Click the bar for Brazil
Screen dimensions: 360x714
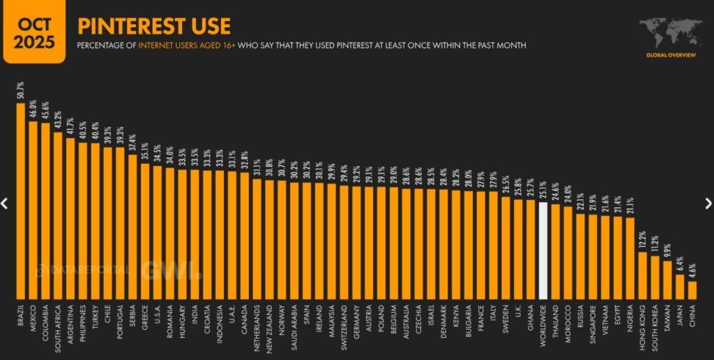tap(20, 202)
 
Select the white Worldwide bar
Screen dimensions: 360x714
tap(543, 251)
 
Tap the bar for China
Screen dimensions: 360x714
tap(692, 290)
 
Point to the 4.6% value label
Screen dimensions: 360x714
tap(692, 270)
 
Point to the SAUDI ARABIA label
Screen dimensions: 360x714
tap(295, 324)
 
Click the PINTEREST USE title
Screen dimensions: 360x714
tap(154, 27)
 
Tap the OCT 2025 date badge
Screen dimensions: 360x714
tap(34, 32)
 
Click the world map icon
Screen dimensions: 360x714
tap(669, 32)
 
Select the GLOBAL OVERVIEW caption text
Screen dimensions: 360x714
tap(669, 54)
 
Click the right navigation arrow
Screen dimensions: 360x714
tap(708, 203)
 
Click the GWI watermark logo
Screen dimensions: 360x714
tap(169, 269)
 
